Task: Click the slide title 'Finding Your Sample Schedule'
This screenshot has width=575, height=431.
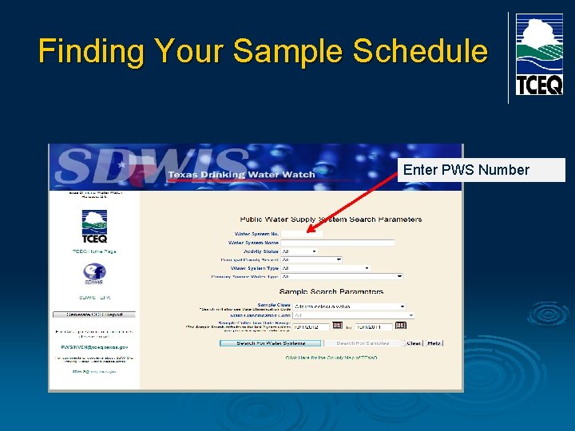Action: pyautogui.click(x=263, y=51)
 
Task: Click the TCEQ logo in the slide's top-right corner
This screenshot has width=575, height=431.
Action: pyautogui.click(x=538, y=54)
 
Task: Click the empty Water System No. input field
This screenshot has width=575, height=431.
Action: pyautogui.click(x=302, y=234)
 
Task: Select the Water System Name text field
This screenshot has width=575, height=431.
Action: pyautogui.click(x=338, y=243)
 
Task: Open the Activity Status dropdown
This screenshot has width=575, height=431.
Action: pyautogui.click(x=299, y=251)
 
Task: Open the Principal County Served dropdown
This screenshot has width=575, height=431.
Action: pyautogui.click(x=311, y=259)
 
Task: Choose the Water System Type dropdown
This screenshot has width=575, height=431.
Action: pyautogui.click(x=326, y=268)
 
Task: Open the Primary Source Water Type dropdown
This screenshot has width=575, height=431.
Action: pyautogui.click(x=342, y=277)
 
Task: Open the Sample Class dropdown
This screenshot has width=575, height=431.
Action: pyautogui.click(x=350, y=306)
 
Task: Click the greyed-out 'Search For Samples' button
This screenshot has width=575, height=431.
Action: pyautogui.click(x=362, y=343)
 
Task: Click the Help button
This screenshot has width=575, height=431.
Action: pyautogui.click(x=434, y=343)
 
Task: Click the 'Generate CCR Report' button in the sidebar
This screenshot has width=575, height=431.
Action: pyautogui.click(x=94, y=314)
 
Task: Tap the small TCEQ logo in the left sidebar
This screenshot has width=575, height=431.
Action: pyautogui.click(x=94, y=226)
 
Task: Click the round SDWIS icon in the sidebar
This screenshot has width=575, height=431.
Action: pyautogui.click(x=94, y=274)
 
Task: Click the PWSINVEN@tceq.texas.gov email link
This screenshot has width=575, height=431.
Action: pyautogui.click(x=94, y=348)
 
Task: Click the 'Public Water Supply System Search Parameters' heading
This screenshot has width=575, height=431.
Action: pyautogui.click(x=331, y=219)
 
